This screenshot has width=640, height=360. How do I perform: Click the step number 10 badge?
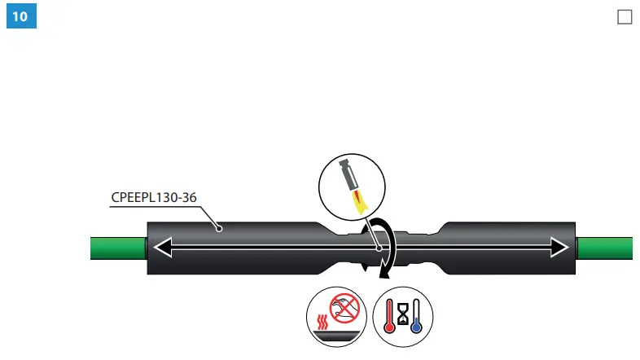[x=22, y=16]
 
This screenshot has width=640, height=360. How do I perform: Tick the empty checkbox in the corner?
[x=625, y=17]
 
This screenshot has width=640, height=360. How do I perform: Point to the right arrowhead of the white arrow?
[x=559, y=246]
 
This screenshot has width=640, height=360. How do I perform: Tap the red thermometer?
[x=392, y=317]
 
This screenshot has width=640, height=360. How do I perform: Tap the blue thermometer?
[x=416, y=318]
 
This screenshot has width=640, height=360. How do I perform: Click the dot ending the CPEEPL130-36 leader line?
[x=219, y=230]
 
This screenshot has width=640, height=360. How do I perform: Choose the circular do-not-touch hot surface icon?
[x=334, y=315]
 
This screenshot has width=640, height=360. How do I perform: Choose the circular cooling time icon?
[x=404, y=315]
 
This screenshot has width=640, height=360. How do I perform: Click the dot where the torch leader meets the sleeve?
[x=379, y=246]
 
